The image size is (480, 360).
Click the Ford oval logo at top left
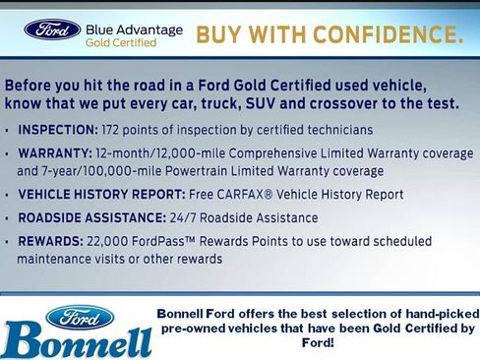click(52, 30)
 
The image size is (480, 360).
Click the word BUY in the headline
click(217, 36)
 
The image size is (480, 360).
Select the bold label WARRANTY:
click(53, 155)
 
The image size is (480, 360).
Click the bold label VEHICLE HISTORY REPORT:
click(99, 195)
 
